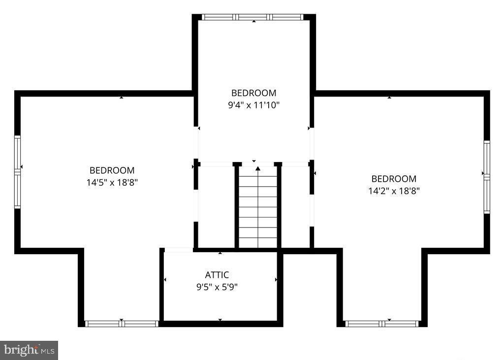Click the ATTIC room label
(x=217, y=275)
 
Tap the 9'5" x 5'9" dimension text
(x=217, y=287)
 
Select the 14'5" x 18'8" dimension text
(x=112, y=182)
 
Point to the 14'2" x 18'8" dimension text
(x=394, y=191)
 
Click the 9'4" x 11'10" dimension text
(x=254, y=104)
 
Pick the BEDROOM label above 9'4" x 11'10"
(x=254, y=93)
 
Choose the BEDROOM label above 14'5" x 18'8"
(x=112, y=170)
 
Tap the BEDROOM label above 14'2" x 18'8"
(x=394, y=179)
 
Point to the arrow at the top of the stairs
(x=258, y=169)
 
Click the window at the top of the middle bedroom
(x=253, y=17)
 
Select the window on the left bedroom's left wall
(x=18, y=171)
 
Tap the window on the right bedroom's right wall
(x=487, y=176)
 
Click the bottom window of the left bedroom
(x=121, y=324)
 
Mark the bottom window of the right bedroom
(x=382, y=324)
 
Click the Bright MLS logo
(x=29, y=350)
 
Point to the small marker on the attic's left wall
(x=165, y=280)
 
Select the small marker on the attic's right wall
(x=276, y=280)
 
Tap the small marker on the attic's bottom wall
(x=220, y=320)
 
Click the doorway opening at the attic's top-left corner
(x=178, y=250)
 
